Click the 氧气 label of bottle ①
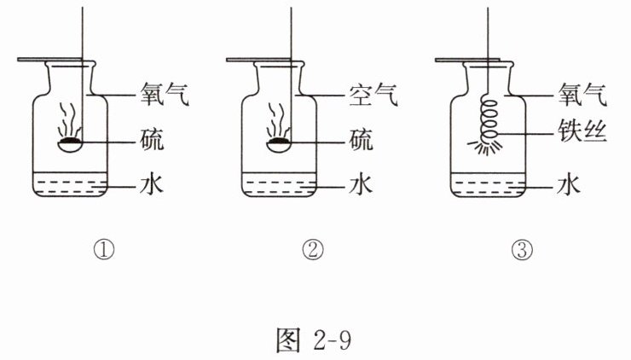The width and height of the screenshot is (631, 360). (x=162, y=94)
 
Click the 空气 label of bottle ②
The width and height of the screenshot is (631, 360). (x=372, y=94)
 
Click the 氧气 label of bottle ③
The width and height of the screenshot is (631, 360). (x=582, y=94)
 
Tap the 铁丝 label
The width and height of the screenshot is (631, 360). (x=582, y=135)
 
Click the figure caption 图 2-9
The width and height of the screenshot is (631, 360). (x=315, y=339)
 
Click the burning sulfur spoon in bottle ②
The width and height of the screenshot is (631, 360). (x=280, y=143)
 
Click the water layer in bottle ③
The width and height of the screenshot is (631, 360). (x=489, y=189)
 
